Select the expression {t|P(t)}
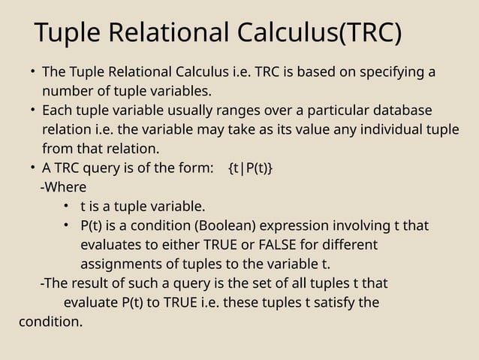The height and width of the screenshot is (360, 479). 250,167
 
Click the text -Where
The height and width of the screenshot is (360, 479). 63,186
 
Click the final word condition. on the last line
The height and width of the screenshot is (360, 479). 50,323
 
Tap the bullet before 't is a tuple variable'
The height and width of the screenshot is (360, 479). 67,206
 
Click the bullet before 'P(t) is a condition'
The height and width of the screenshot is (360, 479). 67,225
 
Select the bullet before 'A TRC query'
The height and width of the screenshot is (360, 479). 32,167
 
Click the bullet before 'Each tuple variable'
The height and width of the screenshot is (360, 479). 32,110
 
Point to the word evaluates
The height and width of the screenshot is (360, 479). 113,245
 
